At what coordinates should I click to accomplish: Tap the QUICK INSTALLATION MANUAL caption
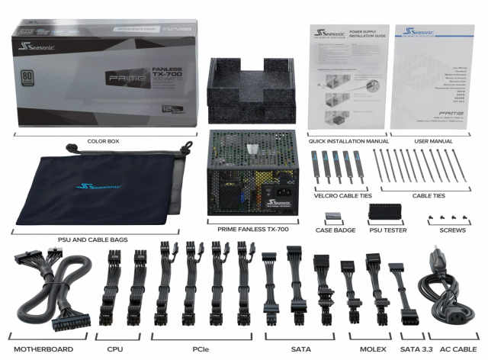coord(343,141)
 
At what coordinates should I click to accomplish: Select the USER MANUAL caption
coord(432,141)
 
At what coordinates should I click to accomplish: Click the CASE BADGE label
coord(335,230)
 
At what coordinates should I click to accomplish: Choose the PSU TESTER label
coord(387,230)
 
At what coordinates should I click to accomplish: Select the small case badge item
coord(333,217)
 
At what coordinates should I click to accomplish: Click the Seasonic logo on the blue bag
coord(100,187)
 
